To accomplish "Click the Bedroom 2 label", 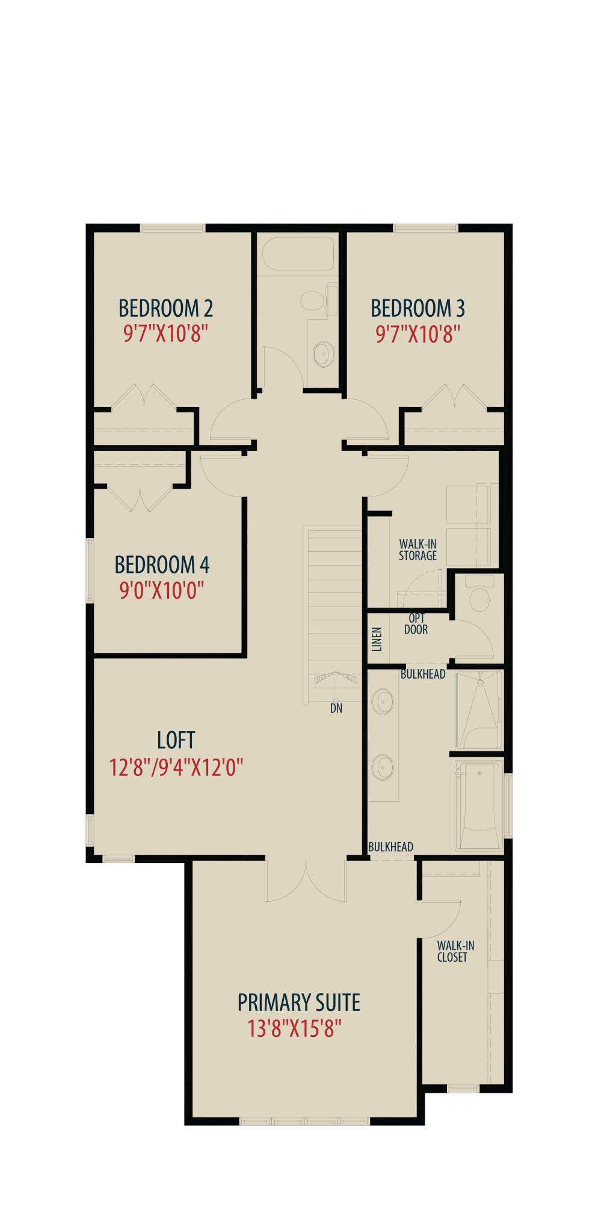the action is coord(165,308).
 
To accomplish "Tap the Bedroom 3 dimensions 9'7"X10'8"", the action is coord(418,334).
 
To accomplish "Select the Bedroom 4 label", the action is coord(162,565).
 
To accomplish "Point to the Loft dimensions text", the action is coord(176,768).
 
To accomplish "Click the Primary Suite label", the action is coord(299,1003).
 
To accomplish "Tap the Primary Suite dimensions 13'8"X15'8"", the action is coord(295,1029).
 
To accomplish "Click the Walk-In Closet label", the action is coord(455,952).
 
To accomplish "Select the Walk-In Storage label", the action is coord(418,550).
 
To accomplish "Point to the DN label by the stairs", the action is coord(336,709).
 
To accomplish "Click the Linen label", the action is coord(377,640).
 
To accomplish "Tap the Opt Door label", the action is coord(416,624).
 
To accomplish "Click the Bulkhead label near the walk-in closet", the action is coord(390,847).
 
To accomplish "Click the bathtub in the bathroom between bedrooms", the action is coord(298,254).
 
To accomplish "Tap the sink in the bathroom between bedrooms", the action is coord(324,354).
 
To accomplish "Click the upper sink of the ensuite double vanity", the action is coord(383,701).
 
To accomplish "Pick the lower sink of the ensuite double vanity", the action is coord(383,768).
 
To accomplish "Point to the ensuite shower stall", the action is coord(479,710).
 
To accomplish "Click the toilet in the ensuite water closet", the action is coord(479,594).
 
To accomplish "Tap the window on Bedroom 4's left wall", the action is coord(90,570).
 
